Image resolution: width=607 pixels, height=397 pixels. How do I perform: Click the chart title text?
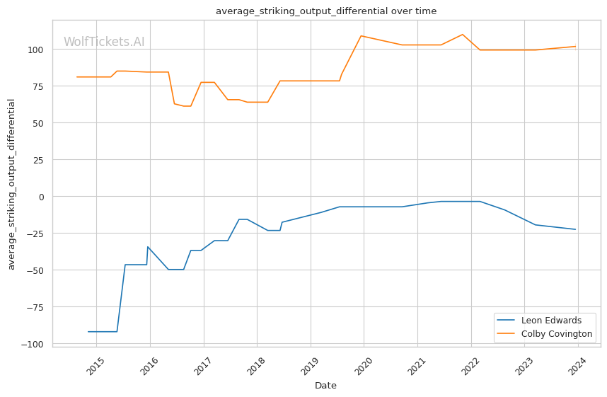[x=326, y=11]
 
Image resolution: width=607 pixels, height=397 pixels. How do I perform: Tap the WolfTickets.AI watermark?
[x=104, y=42]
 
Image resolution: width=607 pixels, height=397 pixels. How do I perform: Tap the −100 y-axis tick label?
[x=35, y=345]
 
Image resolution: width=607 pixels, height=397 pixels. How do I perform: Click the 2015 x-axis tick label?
[x=96, y=366]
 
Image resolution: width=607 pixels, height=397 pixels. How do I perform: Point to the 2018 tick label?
[x=256, y=366]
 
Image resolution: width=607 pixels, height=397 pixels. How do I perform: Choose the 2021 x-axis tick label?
[x=417, y=366]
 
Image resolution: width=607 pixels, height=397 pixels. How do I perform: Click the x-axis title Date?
[x=325, y=386]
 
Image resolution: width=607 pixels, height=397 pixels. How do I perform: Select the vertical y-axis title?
[x=11, y=185]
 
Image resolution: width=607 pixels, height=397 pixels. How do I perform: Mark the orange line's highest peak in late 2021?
[x=462, y=35]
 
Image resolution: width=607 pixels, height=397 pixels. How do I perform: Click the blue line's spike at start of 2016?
[x=148, y=247]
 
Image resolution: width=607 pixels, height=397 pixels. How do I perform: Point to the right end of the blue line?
[x=576, y=229]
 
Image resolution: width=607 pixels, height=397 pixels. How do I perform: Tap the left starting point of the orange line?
[x=77, y=77]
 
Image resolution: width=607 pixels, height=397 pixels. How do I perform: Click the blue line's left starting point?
[x=88, y=332]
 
